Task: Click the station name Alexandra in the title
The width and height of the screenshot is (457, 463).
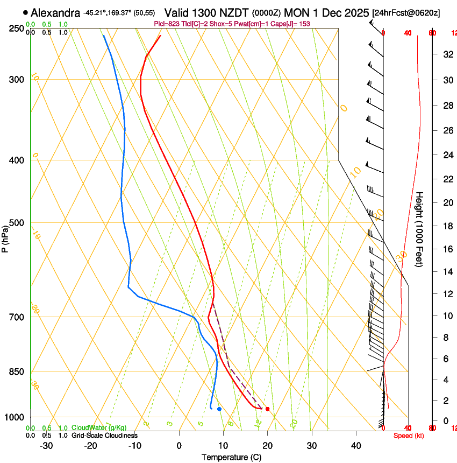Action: pos(55,12)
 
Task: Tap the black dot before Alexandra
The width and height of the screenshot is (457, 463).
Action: pos(25,12)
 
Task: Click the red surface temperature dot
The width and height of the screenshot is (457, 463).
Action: pos(267,409)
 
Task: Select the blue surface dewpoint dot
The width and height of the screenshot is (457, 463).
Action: pos(219,409)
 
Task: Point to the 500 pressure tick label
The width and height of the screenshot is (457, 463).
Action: pos(17,223)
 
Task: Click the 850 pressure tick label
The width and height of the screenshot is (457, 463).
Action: pos(17,372)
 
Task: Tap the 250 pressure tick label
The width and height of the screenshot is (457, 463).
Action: pos(17,29)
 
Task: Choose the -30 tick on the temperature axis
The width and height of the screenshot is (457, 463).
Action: pos(46,446)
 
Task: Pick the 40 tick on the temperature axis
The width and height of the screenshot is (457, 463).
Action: pos(355,446)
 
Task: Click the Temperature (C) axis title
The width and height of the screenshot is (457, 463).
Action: pos(231,458)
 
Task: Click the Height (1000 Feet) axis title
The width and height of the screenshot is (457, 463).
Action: pos(419,229)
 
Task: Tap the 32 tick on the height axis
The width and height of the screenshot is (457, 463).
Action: pos(447,54)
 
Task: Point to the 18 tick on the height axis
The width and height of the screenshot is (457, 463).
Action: pos(447,226)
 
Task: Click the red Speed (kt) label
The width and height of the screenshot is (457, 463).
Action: pos(409,436)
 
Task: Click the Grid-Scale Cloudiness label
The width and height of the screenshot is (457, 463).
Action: pos(104,436)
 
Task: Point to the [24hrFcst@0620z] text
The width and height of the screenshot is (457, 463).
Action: pos(406,12)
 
